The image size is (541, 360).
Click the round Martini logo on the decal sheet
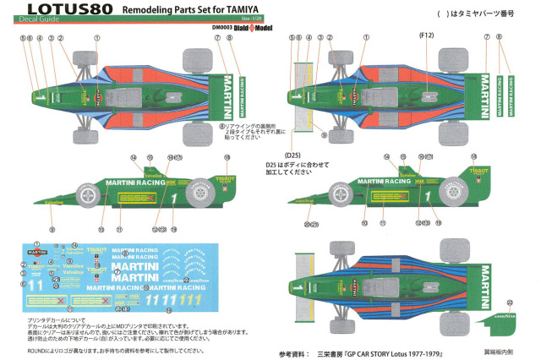(x=38, y=252)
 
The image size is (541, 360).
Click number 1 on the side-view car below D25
(x=429, y=199)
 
